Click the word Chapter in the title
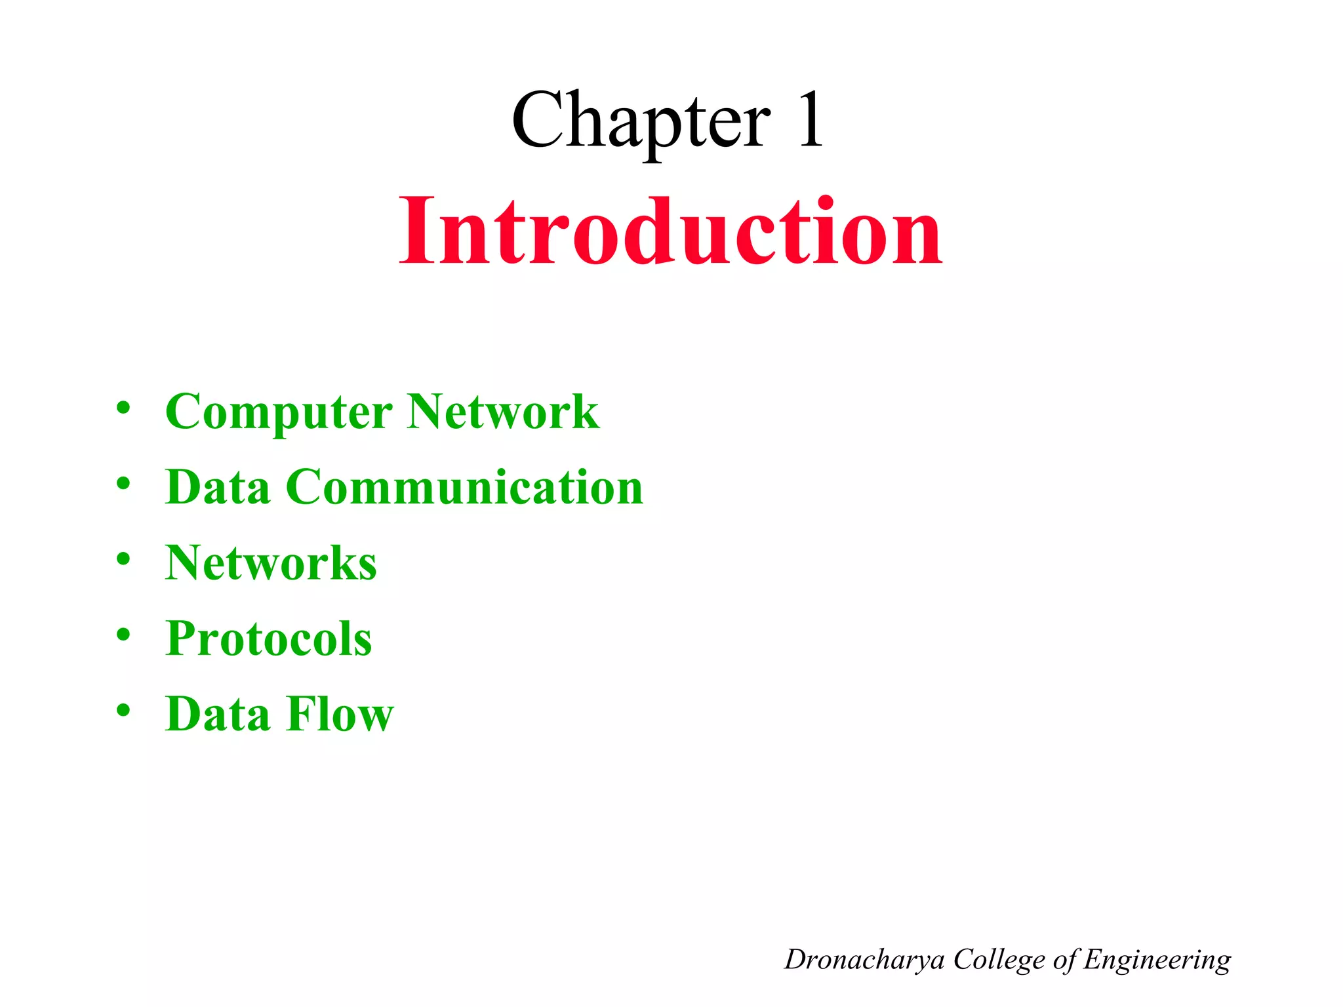(x=641, y=121)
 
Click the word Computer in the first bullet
(x=279, y=412)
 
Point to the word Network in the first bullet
(x=503, y=412)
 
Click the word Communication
(x=464, y=488)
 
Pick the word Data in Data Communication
(x=218, y=488)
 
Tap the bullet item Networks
(x=271, y=563)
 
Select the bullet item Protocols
(x=269, y=639)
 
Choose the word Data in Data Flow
(x=218, y=714)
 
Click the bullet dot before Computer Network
(x=123, y=408)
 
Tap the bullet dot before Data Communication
(x=123, y=484)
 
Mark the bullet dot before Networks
(x=123, y=559)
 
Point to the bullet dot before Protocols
(x=123, y=635)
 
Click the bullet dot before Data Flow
(x=123, y=710)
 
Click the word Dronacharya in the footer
(x=864, y=960)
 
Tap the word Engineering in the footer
(x=1157, y=960)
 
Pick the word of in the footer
(x=1065, y=960)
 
